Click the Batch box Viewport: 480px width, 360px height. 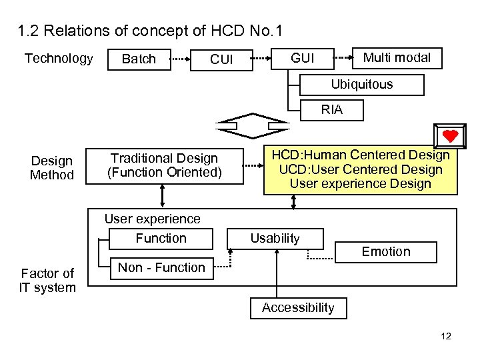[x=139, y=59]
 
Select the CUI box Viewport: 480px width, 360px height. [x=221, y=59]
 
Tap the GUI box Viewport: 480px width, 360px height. [x=303, y=59]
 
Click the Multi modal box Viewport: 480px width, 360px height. [x=397, y=58]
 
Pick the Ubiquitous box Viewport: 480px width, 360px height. [x=361, y=85]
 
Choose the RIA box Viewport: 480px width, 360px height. [x=331, y=110]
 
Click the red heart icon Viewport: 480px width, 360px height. [x=450, y=136]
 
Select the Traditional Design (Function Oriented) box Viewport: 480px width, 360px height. [x=164, y=165]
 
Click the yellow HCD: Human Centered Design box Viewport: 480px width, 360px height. [x=360, y=170]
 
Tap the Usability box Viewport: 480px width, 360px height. [x=275, y=239]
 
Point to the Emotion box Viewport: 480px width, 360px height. [x=386, y=252]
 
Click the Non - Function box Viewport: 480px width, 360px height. [x=161, y=268]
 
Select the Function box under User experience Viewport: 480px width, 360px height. [x=161, y=239]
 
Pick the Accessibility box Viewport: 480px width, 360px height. [x=297, y=307]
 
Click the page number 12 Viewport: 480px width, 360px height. [x=446, y=336]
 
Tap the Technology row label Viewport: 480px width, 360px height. [x=59, y=59]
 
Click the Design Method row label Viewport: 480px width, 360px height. [x=52, y=168]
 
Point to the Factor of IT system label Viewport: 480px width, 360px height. [x=47, y=281]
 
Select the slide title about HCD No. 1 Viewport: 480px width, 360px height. [x=150, y=31]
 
